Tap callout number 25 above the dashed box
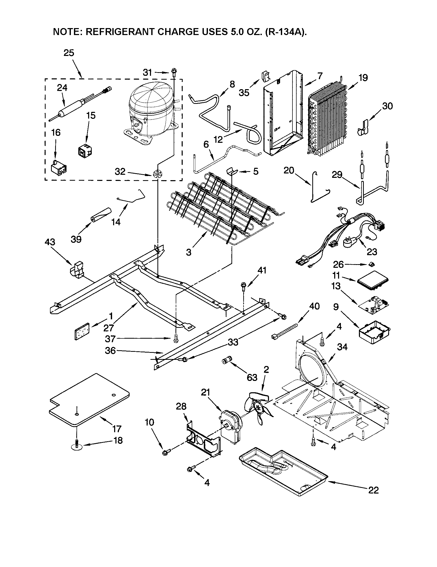pos(69,53)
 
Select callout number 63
pos(252,377)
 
